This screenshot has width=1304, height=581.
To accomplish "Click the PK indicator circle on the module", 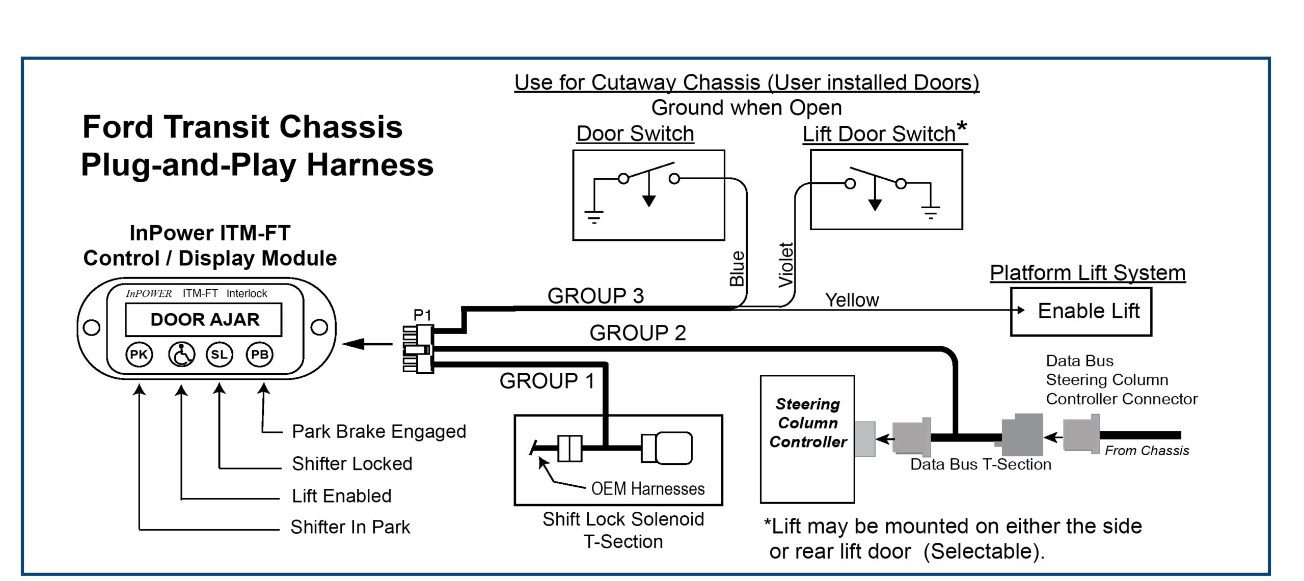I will [139, 354].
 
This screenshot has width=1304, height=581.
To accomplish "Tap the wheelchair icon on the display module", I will [181, 354].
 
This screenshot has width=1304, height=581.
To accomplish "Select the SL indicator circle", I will [219, 354].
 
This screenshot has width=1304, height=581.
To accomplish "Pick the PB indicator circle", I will [259, 354].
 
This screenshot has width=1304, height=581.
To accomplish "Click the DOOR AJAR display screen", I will [204, 319].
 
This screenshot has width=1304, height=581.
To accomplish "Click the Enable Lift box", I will [1081, 311].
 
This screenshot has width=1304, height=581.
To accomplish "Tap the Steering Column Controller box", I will [807, 438].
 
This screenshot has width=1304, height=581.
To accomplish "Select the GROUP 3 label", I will [595, 296].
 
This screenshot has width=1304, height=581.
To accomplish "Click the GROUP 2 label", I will [637, 333].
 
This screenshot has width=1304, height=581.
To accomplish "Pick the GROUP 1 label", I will [547, 381].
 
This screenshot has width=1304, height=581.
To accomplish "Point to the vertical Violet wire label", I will [786, 265].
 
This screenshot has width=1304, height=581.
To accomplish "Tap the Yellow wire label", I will [852, 300].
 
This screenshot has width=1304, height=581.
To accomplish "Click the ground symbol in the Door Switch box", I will [593, 217].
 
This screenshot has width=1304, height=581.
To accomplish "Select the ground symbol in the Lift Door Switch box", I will [931, 212].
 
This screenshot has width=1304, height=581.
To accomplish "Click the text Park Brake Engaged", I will [378, 431].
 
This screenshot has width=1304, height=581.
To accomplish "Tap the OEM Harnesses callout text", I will [647, 489].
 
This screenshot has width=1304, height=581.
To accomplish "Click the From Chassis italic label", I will [1147, 451].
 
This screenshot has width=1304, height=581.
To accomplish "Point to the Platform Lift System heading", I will [1088, 273].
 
